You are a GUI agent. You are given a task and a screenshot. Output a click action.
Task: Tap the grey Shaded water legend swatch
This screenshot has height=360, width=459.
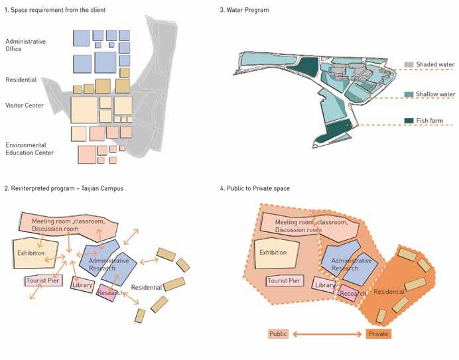(x=409, y=64)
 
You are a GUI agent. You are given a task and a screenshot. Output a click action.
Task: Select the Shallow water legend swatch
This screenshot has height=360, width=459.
(x=409, y=95)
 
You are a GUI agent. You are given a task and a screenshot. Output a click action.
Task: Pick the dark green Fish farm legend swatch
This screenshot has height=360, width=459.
(x=409, y=121)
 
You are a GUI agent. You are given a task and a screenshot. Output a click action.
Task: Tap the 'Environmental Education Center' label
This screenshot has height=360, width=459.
(x=29, y=149)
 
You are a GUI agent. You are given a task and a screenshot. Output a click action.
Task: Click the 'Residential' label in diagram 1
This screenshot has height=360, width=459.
(x=21, y=80)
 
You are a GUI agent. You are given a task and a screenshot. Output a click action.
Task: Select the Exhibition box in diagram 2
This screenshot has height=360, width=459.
(x=31, y=254)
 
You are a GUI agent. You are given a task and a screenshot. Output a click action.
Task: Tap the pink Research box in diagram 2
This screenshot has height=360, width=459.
(x=107, y=292)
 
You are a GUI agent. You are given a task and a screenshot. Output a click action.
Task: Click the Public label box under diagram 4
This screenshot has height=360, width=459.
(x=279, y=333)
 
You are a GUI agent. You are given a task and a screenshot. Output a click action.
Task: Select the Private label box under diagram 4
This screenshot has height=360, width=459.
(x=378, y=333)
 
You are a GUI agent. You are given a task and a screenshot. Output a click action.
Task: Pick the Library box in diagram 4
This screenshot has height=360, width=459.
(x=324, y=286)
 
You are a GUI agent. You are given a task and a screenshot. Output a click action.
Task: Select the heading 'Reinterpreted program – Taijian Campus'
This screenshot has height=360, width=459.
(x=64, y=189)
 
